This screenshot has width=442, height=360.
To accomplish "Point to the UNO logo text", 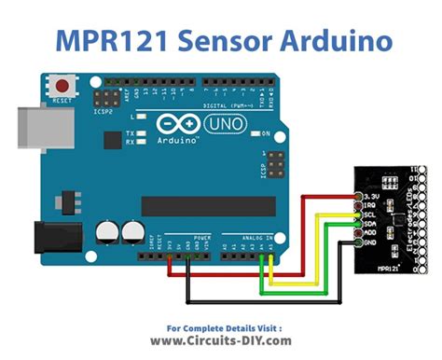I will pos(221,123).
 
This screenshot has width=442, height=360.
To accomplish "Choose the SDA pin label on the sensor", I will pos(369,224).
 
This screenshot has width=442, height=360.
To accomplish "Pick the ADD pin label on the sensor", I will pos(371,233).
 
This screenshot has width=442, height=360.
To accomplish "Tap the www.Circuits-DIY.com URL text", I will pos(221,341).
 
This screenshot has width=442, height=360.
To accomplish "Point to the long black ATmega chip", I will pos(207,205).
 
